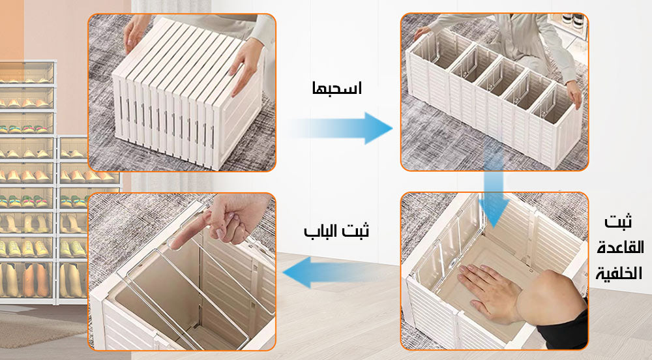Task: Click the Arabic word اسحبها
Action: click(336, 89)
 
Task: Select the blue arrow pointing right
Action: click(346, 128)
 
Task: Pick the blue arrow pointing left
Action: click(326, 273)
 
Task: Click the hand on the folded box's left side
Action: click(136, 33)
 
